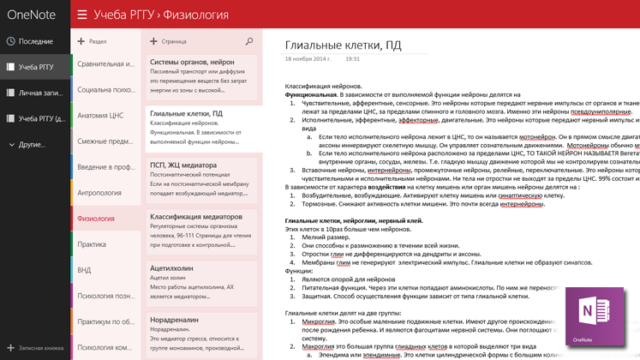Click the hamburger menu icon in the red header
(82, 15)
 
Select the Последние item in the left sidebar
(35, 41)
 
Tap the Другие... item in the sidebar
(33, 144)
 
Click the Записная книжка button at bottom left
(35, 349)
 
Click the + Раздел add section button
(93, 41)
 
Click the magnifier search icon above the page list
(249, 41)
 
